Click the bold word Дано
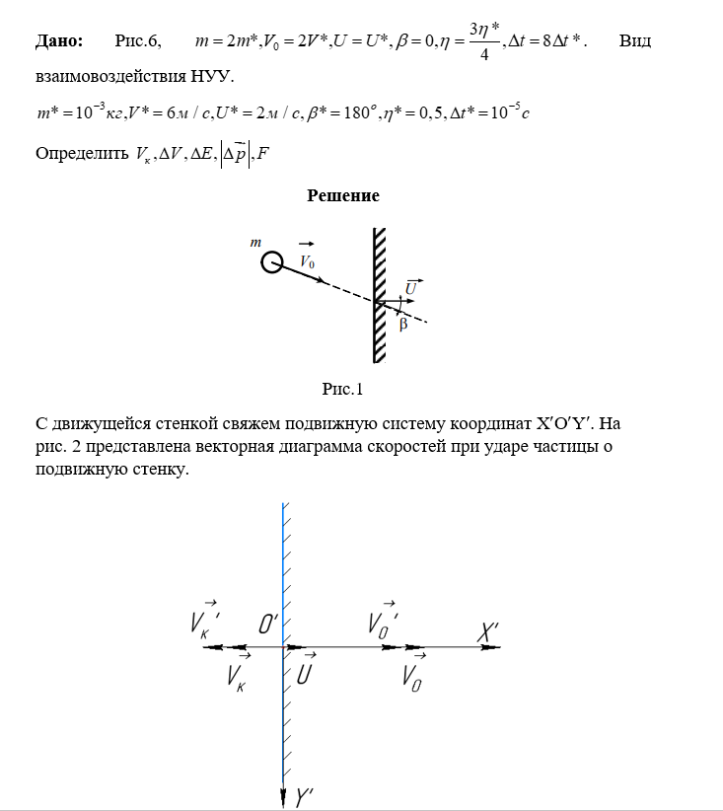tap(59, 41)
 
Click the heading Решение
tap(343, 195)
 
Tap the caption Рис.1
tap(343, 389)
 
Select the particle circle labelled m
tap(271, 261)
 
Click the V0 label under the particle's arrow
tap(307, 261)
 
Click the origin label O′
tap(268, 625)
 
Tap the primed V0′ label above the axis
tap(384, 623)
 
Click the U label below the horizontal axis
tap(306, 675)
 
